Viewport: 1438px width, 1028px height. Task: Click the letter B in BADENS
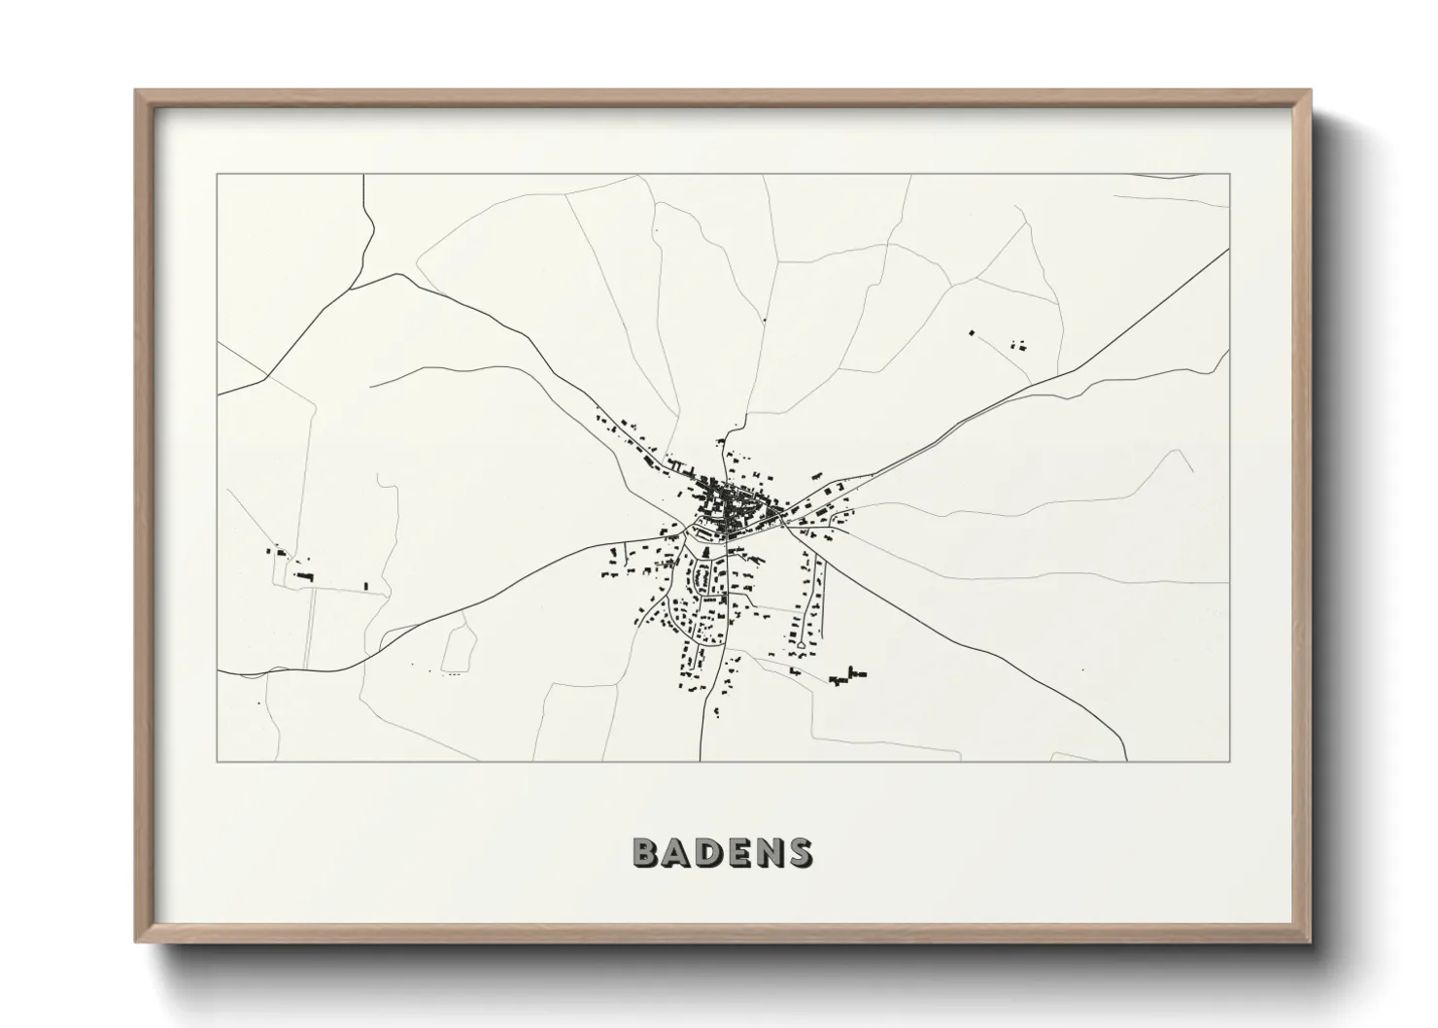tap(647, 853)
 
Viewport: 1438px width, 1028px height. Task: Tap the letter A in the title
tap(678, 853)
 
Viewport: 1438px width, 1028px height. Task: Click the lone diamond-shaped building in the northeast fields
tap(971, 333)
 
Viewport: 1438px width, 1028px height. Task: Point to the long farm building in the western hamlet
tap(305, 577)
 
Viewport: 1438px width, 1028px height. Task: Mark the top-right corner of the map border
tap(1229, 175)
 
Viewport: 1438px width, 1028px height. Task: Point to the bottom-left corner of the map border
tap(218, 761)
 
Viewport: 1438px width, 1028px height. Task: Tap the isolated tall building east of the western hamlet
tap(366, 586)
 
